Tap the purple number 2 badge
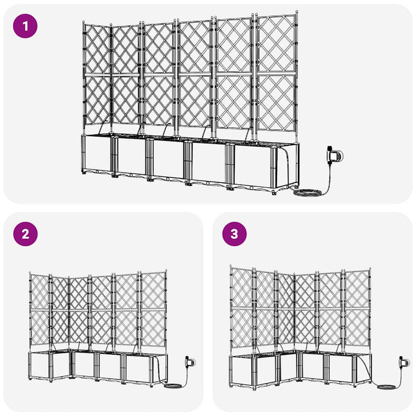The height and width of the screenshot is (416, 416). (25, 234)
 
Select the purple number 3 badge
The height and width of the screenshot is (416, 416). (234, 234)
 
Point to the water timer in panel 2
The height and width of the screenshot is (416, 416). (190, 361)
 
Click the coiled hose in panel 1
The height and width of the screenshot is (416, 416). (309, 193)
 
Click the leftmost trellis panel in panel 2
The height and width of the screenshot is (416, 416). (39, 312)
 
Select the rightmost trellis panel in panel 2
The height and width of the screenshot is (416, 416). (153, 312)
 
